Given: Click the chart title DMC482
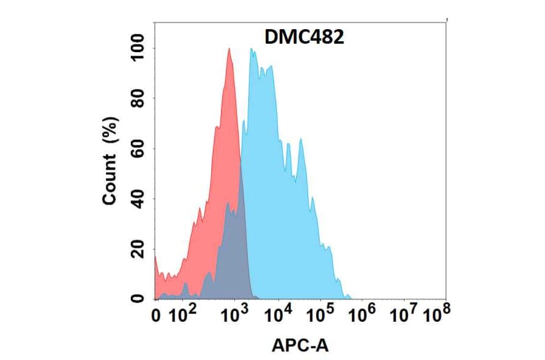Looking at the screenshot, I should (x=305, y=38).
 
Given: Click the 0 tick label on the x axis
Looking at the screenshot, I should (x=156, y=315).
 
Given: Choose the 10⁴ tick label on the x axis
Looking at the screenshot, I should (x=280, y=314).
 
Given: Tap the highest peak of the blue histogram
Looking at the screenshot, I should (x=251, y=50).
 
